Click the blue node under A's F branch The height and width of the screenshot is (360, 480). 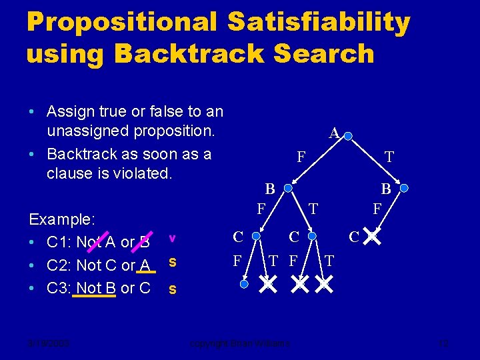pyautogui.click(x=288, y=189)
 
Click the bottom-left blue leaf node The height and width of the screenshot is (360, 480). pyautogui.click(x=245, y=285)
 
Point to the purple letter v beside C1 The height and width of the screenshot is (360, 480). pyautogui.click(x=172, y=238)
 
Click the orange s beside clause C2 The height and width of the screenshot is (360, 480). pyautogui.click(x=172, y=263)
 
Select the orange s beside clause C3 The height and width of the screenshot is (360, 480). pyautogui.click(x=172, y=289)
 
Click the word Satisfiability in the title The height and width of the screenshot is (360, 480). pyautogui.click(x=318, y=23)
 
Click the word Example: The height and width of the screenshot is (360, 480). pyautogui.click(x=61, y=219)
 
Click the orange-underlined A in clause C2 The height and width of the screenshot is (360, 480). pyautogui.click(x=144, y=265)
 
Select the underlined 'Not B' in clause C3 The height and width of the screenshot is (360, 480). pyautogui.click(x=95, y=289)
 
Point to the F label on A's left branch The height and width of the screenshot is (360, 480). pyautogui.click(x=301, y=158)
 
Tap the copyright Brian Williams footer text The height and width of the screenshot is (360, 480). pyautogui.click(x=240, y=343)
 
